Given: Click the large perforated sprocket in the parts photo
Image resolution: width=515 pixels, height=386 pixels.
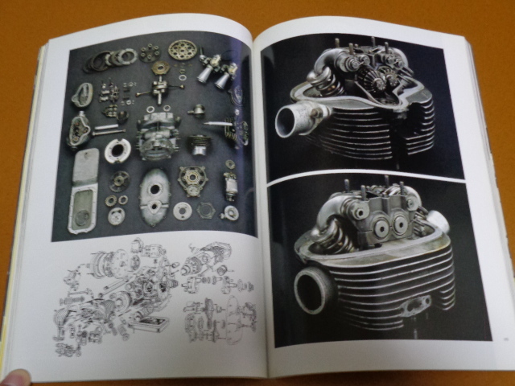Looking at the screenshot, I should (183, 51).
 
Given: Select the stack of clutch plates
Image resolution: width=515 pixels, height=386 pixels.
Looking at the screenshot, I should (103, 58).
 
